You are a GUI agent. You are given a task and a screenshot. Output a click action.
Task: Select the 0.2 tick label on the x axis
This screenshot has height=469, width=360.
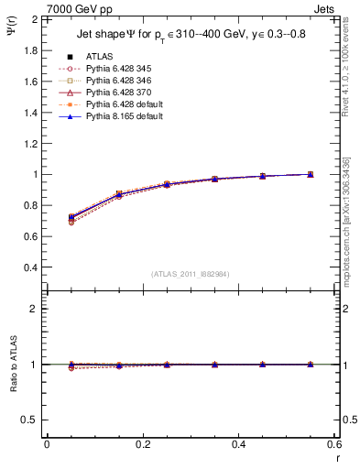click(142, 444)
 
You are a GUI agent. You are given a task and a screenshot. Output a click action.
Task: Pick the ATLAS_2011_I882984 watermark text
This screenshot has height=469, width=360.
click(191, 274)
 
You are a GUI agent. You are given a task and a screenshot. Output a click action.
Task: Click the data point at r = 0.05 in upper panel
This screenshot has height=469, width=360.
click(71, 218)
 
